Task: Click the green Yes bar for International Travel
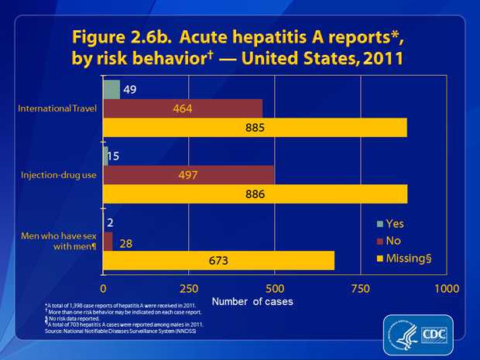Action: tap(111, 88)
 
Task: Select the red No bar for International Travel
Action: tap(183, 108)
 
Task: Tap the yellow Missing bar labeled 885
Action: tap(255, 127)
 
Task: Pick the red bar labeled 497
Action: tap(188, 175)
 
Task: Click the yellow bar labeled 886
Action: tap(255, 194)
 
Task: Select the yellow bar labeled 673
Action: tap(218, 261)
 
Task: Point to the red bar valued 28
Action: tap(108, 242)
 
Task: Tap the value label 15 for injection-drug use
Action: tap(114, 156)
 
